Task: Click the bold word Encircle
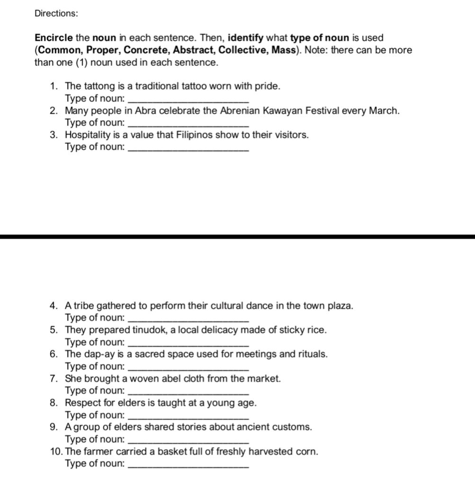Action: tap(54, 38)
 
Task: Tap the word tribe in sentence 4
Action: tap(84, 306)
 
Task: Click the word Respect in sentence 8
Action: tap(81, 403)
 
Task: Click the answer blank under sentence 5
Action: tap(188, 342)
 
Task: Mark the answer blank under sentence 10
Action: tap(188, 464)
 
